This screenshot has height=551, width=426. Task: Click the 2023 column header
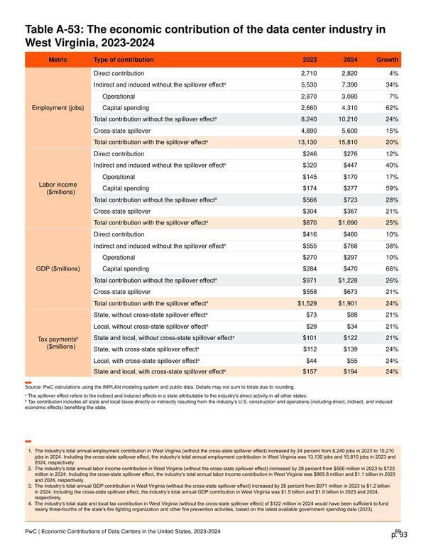(x=310, y=60)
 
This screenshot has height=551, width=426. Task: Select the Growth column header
(x=388, y=60)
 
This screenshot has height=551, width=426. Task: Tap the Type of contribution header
(x=124, y=60)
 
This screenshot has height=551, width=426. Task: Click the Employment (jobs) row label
(x=58, y=108)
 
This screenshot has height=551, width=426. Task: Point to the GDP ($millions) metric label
(x=58, y=269)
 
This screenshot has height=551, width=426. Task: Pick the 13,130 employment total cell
(x=307, y=142)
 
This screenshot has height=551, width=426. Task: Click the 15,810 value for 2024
(x=348, y=142)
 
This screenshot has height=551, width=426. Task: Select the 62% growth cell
(x=392, y=108)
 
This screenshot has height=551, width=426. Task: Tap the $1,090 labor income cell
(x=348, y=223)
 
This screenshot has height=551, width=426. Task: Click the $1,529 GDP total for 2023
(x=307, y=303)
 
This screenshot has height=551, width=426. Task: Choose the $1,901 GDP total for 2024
(x=348, y=303)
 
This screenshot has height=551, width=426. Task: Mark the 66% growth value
(x=392, y=269)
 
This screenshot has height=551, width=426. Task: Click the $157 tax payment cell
(x=310, y=371)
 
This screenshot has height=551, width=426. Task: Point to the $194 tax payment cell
(x=351, y=371)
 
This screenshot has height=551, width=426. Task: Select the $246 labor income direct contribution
(x=310, y=154)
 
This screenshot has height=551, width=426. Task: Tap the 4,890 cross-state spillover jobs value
(x=309, y=131)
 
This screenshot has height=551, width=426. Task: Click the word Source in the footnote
(x=33, y=387)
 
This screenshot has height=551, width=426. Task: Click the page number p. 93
(x=400, y=535)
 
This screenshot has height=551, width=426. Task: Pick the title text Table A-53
(x=54, y=29)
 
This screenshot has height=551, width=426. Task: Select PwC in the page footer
(x=31, y=531)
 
